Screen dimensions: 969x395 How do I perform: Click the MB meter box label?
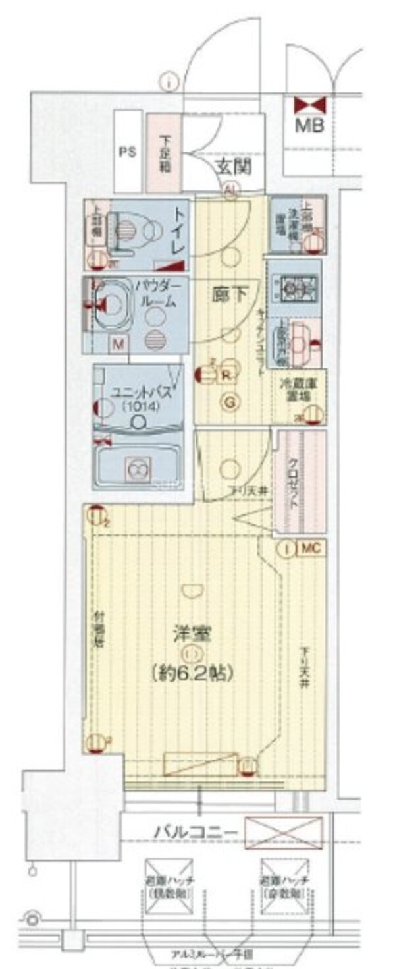(308, 125)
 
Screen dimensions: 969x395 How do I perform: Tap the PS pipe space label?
(127, 152)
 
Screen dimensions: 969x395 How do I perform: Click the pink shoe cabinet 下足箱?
(163, 153)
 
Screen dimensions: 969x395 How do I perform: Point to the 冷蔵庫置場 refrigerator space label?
(296, 393)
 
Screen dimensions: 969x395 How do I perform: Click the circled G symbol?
(231, 402)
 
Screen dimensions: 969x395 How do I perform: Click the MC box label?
(311, 548)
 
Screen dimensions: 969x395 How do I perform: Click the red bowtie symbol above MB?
(308, 104)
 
